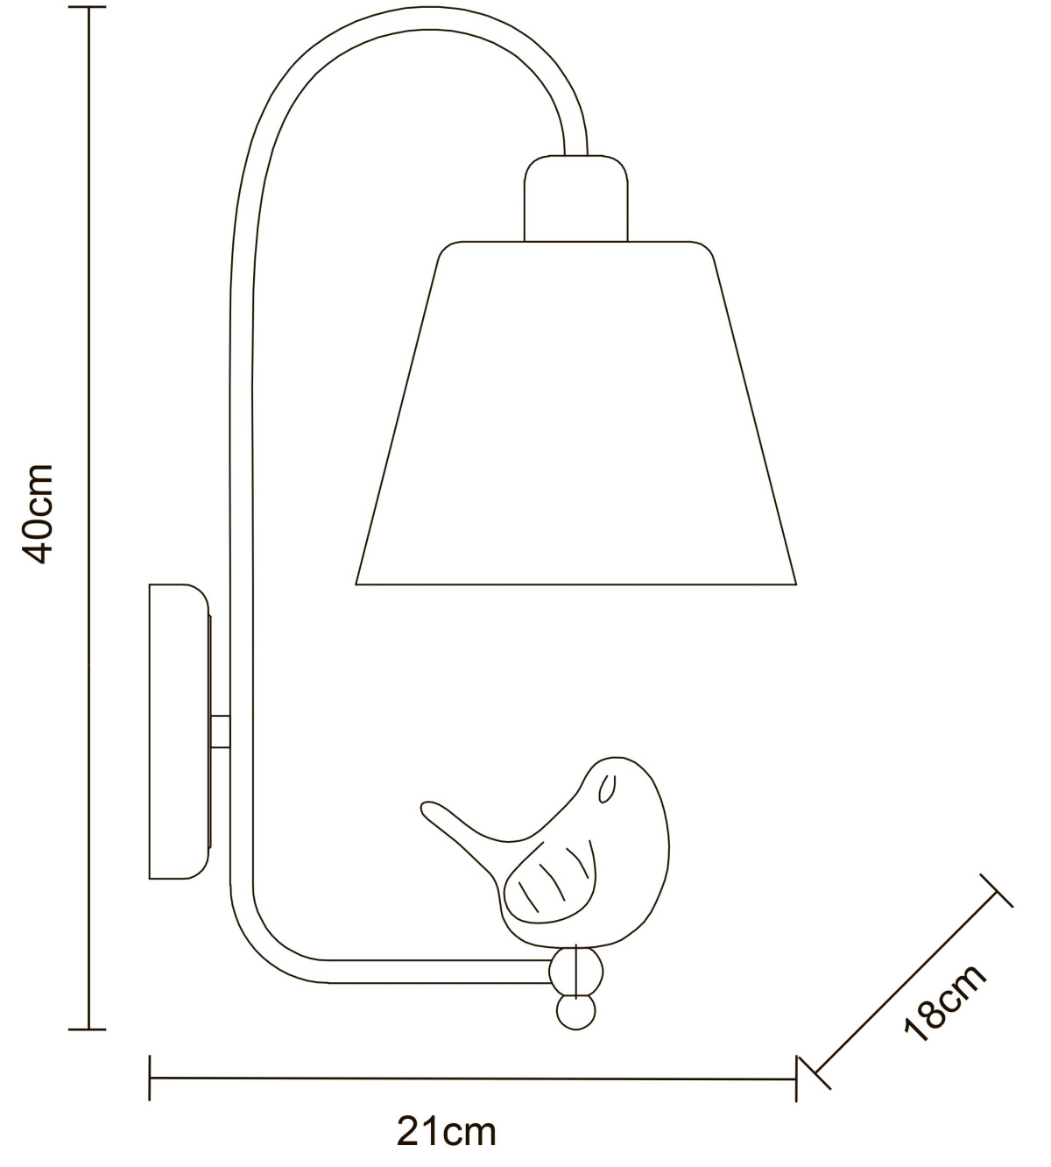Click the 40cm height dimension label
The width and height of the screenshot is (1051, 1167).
pos(39,513)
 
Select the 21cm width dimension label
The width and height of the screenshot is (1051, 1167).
pos(447,1131)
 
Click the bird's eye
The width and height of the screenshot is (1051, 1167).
pos(607,789)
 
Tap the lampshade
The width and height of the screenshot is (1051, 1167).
pos(575,413)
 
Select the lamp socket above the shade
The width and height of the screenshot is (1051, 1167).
pos(575,198)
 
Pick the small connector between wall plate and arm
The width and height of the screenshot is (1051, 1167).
pos(221,732)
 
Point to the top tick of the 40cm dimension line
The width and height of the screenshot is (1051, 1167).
pos(88,8)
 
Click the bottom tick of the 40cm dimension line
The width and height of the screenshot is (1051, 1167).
pos(88,1029)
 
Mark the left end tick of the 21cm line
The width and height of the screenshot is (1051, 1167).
pos(150,1078)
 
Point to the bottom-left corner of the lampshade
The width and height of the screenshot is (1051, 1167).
pos(356,584)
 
